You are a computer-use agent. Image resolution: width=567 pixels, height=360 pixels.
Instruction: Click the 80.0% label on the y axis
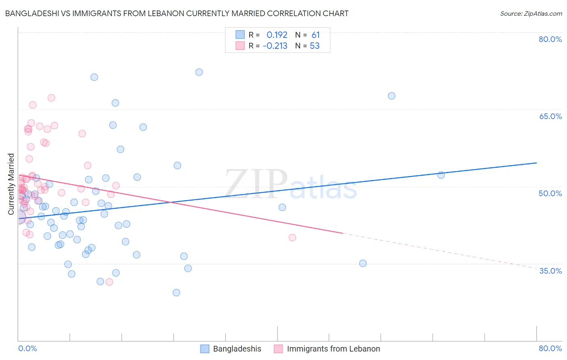[550, 39]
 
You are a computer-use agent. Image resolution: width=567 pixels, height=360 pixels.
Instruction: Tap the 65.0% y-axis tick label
[550, 116]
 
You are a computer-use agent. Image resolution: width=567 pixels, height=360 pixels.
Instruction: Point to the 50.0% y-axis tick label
[550, 193]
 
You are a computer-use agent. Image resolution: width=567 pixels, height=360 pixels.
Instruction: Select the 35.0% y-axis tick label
[550, 271]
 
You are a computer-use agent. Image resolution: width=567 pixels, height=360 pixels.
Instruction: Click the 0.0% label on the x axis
[27, 348]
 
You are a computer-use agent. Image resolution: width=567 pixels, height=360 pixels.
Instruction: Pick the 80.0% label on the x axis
[550, 348]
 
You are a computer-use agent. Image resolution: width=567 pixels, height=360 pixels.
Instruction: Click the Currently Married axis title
[11, 184]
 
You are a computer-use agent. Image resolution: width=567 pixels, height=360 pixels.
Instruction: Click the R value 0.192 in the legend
[277, 35]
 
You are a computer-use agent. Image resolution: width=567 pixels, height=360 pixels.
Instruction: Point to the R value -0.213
[275, 46]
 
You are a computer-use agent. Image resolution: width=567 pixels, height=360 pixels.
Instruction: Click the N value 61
[315, 35]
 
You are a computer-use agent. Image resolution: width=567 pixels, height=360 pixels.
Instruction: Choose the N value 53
[315, 46]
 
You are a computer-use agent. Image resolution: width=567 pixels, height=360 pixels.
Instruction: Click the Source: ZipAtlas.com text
[531, 14]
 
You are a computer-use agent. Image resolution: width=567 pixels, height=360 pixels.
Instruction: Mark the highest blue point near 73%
[199, 72]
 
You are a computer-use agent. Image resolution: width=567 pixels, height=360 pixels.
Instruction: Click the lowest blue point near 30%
[176, 293]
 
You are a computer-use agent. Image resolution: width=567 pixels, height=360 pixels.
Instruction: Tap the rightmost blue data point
[441, 175]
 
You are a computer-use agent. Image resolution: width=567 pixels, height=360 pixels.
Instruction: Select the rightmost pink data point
[292, 238]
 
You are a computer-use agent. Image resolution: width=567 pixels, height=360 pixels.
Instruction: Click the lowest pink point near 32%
[109, 282]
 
